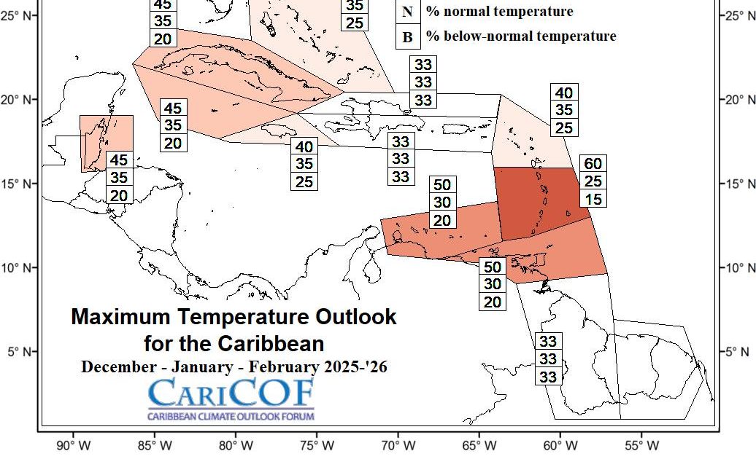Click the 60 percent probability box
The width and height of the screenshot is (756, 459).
click(593, 163)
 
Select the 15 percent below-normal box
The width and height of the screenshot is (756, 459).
click(593, 198)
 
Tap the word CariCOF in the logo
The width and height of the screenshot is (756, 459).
click(231, 393)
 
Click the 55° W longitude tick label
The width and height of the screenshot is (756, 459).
click(642, 445)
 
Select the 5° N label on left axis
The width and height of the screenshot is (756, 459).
click(19, 352)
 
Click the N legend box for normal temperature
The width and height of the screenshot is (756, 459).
click(407, 12)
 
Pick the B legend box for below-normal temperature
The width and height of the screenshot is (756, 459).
click(407, 36)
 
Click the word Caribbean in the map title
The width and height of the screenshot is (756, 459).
click(279, 342)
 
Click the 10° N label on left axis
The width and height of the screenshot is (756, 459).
click(19, 268)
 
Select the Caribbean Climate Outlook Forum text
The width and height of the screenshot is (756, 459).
click(231, 417)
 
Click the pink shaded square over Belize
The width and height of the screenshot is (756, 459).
click(106, 143)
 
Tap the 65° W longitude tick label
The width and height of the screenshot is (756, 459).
click(479, 445)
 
